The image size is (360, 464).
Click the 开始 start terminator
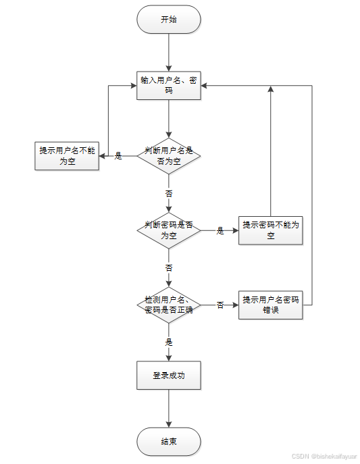169,20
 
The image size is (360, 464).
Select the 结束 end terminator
169,442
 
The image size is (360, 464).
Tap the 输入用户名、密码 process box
169,85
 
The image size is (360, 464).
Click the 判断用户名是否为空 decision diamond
169,156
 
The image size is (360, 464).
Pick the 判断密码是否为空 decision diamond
169,230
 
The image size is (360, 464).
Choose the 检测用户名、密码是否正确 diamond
169,305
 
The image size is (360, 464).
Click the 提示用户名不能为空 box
67,156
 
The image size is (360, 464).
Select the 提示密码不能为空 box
270,230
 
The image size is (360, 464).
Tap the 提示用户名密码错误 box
270,305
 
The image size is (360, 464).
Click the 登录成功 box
169,376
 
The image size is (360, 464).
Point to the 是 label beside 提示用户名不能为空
118,156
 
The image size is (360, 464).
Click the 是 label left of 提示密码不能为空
220,230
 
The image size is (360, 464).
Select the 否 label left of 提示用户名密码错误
220,305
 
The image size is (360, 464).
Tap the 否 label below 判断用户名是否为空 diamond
169,193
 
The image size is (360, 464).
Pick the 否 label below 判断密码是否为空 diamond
169,267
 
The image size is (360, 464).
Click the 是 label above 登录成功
169,342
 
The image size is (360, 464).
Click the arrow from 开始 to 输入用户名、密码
169,51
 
